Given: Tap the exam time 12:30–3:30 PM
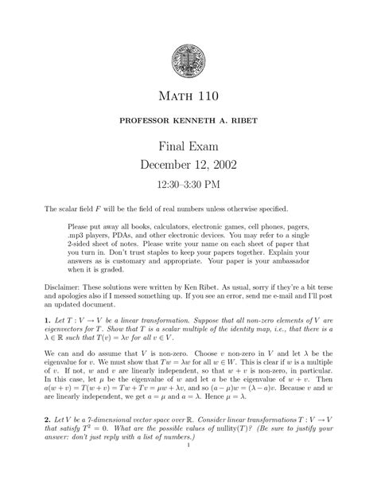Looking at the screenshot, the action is [x=188, y=185].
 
